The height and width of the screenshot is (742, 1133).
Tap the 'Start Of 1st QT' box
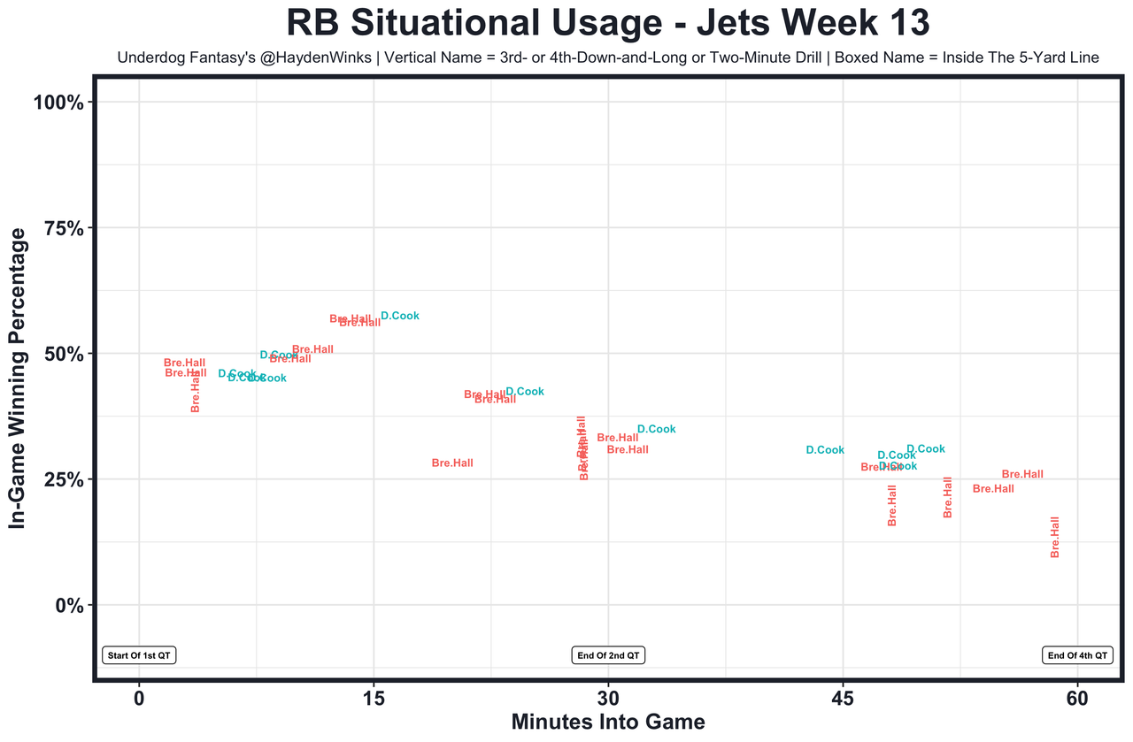tap(140, 655)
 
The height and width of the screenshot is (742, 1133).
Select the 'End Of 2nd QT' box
tap(609, 655)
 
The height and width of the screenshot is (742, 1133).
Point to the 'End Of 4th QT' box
tap(1077, 655)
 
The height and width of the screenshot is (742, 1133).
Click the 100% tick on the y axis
tap(58, 103)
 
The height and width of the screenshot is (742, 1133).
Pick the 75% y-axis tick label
tap(64, 228)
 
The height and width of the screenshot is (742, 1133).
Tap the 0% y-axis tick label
tap(69, 605)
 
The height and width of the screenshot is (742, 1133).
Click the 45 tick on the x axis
tap(844, 698)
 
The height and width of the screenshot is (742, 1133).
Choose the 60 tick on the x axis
tap(1078, 698)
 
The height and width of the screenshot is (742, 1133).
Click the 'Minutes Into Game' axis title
tap(608, 722)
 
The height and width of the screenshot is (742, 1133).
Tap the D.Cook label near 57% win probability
tap(400, 316)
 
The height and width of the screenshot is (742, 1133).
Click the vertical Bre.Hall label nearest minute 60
tap(1055, 537)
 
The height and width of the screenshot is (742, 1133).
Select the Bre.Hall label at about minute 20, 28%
tap(452, 463)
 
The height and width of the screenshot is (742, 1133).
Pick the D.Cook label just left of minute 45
tap(825, 450)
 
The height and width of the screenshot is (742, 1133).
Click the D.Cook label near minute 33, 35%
tap(657, 430)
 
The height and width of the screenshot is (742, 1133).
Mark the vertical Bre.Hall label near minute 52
tap(948, 497)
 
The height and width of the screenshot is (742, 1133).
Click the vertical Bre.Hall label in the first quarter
tap(196, 392)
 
